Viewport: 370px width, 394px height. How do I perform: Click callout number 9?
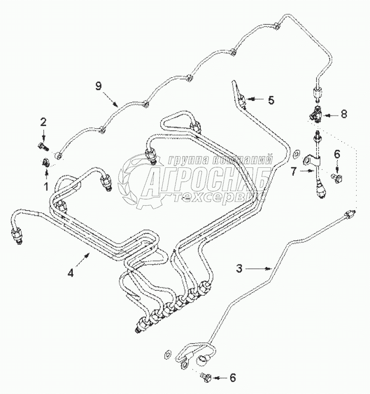(99, 86)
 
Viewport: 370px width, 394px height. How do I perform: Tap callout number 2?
(43, 122)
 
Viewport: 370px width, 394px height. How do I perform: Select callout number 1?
(46, 187)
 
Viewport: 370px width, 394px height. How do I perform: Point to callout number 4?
(71, 273)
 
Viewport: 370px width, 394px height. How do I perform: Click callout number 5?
(271, 100)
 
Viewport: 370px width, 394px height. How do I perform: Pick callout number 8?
(343, 114)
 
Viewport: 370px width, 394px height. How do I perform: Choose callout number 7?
(294, 171)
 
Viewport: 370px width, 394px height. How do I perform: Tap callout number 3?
(240, 269)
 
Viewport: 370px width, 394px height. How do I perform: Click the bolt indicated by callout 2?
(43, 146)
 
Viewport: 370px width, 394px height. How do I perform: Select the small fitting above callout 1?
(46, 163)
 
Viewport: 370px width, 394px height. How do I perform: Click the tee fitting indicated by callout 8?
(315, 115)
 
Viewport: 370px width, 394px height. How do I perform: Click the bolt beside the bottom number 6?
(205, 377)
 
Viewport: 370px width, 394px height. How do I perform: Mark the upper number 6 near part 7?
(337, 154)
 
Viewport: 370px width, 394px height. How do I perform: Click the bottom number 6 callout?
(233, 378)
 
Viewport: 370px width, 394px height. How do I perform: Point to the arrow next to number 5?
(255, 99)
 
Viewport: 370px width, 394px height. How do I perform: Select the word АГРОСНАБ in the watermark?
(208, 180)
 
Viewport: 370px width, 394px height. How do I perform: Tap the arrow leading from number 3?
(258, 269)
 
